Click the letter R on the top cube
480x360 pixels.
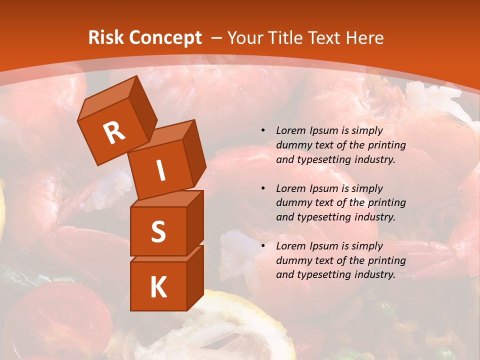114,133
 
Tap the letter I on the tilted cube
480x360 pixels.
160,170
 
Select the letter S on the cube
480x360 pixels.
158,232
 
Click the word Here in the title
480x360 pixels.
363,38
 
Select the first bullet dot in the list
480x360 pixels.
263,131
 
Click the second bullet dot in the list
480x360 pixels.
263,188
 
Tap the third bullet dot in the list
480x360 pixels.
263,246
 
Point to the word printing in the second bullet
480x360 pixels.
386,203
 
